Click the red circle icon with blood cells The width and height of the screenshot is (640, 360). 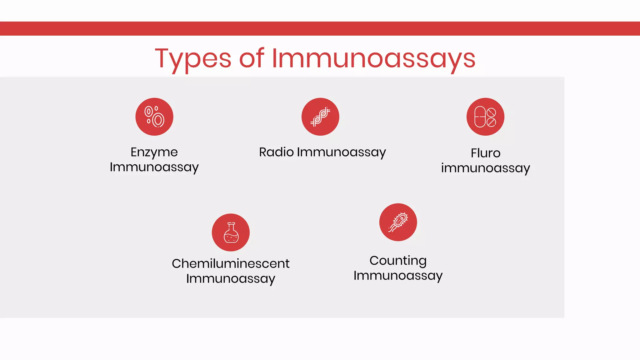coord(154,117)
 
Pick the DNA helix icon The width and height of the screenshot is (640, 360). coord(320,117)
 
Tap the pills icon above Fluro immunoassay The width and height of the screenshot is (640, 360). coord(485,117)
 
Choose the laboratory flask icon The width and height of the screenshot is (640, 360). coord(231,232)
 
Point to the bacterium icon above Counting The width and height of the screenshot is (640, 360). coord(398,222)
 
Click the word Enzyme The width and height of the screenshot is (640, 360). coord(154,152)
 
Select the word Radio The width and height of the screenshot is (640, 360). coord(276,152)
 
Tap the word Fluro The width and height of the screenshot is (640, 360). coord(486,153)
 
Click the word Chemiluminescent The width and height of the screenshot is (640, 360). coord(231,263)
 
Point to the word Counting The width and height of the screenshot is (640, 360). coord(398,261)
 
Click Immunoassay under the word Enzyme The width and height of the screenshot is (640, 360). coord(154,167)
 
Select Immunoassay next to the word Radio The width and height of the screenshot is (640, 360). coord(341,152)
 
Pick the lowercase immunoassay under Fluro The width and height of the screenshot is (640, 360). coord(486,168)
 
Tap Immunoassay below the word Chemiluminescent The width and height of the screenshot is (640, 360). coord(231,278)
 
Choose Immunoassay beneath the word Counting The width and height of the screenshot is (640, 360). coord(398,276)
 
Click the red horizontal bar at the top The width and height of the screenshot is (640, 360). coord(320,28)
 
